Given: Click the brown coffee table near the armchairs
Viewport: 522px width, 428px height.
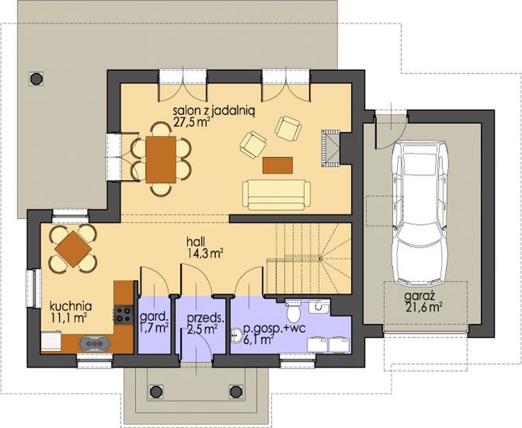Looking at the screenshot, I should tap(277, 165).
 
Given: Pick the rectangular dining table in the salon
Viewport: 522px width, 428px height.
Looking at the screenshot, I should tap(161, 158).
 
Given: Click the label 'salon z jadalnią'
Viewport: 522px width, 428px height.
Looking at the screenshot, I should tap(203, 111).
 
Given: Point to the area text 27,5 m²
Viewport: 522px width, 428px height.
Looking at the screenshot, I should tap(192, 124).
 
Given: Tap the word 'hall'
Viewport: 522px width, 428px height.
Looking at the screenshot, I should tap(195, 241).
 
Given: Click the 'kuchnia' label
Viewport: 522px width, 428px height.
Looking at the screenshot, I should tap(71, 305).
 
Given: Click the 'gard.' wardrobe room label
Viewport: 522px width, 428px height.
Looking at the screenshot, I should tap(153, 317).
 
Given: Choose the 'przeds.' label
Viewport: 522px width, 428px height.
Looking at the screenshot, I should tap(206, 317).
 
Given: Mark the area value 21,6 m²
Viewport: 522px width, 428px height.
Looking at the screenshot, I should tap(424, 308).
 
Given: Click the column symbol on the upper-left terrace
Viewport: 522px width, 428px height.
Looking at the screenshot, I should tap(35, 77).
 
